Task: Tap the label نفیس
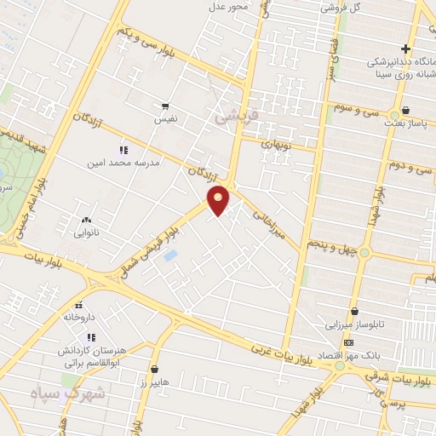click(x=165, y=120)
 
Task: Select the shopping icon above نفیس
click(x=165, y=106)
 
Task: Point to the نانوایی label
click(x=86, y=232)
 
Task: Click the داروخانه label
click(x=79, y=317)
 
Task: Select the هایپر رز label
click(x=154, y=381)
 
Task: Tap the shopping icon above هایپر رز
click(x=154, y=369)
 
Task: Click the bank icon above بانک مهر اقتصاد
click(x=347, y=341)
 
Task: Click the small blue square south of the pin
click(x=170, y=255)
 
